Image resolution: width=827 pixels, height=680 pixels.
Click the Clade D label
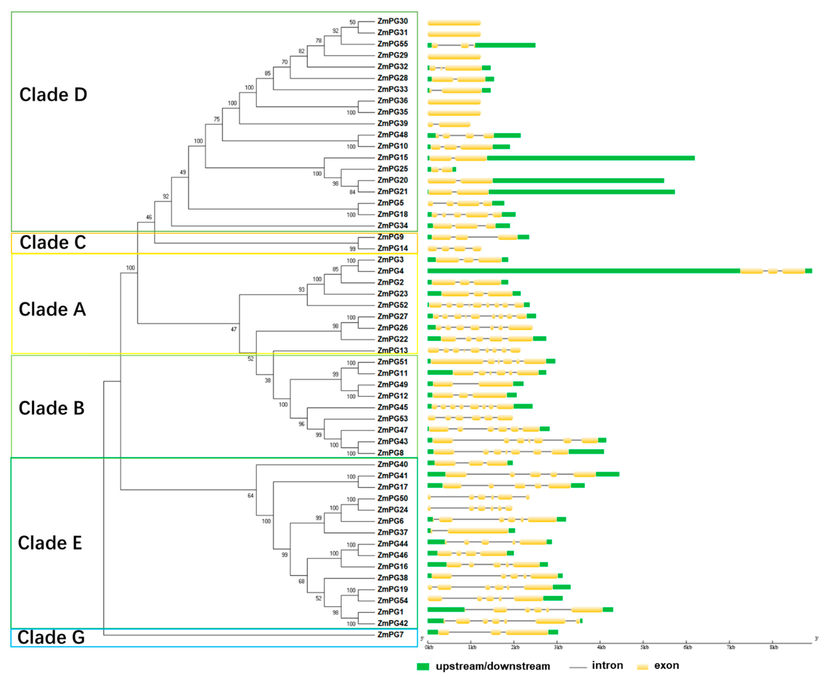(53, 95)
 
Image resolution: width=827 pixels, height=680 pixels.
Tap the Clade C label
(53, 243)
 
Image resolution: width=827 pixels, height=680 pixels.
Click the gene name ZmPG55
(392, 44)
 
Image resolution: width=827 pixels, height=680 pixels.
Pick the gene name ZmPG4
(390, 271)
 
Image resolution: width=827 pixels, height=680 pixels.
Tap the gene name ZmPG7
(390, 635)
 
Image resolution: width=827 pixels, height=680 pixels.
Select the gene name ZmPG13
(392, 351)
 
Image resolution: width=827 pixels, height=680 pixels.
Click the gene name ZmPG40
(392, 464)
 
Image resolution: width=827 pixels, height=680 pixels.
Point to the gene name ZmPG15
(392, 158)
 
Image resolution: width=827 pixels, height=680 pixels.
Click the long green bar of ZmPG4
(583, 271)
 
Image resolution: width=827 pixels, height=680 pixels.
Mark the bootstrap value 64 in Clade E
(251, 496)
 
